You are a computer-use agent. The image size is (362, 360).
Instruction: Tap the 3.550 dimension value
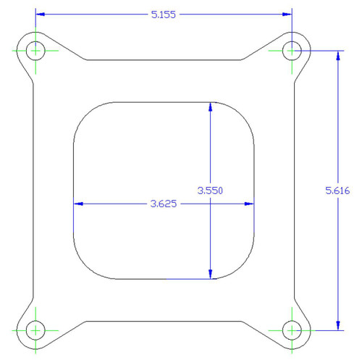(x=210, y=191)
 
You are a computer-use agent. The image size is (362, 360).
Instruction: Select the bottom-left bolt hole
(x=35, y=330)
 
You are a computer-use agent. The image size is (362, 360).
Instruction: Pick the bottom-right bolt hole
(x=292, y=330)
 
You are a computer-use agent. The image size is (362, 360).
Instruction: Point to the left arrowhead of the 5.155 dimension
(x=41, y=14)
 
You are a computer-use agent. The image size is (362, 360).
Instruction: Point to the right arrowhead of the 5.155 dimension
(x=287, y=14)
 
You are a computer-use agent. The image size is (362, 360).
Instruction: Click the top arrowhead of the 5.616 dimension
(x=337, y=55)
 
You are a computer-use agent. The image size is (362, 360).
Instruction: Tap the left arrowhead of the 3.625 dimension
(x=78, y=204)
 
